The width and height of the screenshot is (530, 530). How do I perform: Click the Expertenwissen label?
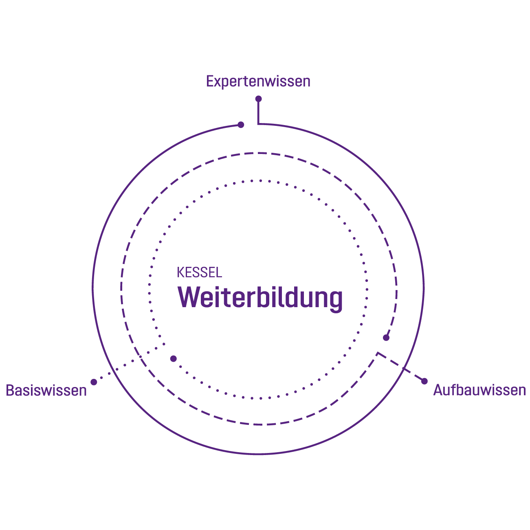(x=258, y=81)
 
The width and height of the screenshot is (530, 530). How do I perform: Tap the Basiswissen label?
(x=46, y=390)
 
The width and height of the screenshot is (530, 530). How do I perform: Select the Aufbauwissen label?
(x=479, y=390)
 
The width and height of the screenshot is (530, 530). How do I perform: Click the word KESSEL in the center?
(x=200, y=273)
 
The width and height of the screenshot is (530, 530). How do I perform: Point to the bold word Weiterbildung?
(x=260, y=298)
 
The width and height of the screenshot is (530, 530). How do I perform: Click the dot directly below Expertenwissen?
(x=258, y=99)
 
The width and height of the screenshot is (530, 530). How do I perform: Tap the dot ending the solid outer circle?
(x=241, y=125)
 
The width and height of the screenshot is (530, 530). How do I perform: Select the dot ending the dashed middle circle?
(x=386, y=338)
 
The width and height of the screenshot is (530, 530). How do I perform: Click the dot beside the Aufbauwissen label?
(x=424, y=381)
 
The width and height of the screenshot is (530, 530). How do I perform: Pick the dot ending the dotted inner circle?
(x=174, y=359)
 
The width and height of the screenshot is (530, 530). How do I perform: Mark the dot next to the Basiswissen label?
(x=94, y=382)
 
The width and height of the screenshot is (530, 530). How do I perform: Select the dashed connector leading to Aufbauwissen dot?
(x=401, y=367)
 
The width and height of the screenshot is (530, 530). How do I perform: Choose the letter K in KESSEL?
(x=180, y=273)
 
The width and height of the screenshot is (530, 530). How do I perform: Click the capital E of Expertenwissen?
(x=210, y=81)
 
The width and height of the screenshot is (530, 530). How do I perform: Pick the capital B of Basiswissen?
(x=10, y=390)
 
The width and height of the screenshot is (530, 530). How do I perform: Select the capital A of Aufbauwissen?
(x=438, y=390)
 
